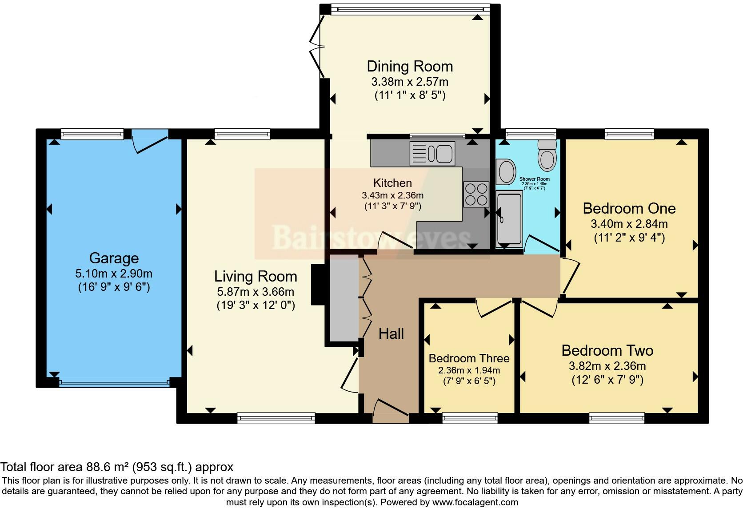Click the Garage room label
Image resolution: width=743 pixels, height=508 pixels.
pyautogui.click(x=114, y=258)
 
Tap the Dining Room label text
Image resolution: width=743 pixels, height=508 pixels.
pyautogui.click(x=410, y=67)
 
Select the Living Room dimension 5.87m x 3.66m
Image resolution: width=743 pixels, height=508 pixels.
pyautogui.click(x=256, y=292)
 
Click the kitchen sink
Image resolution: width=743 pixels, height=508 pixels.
pyautogui.click(x=432, y=154)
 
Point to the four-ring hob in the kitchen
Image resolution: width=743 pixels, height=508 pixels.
pyautogui.click(x=476, y=194)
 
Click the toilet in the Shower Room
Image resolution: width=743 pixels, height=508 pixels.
pyautogui.click(x=547, y=155)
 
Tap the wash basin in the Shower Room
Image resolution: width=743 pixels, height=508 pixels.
pyautogui.click(x=506, y=172)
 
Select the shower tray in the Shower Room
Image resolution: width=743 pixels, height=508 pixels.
pyautogui.click(x=509, y=219)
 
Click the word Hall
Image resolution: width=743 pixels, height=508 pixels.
pyautogui.click(x=391, y=333)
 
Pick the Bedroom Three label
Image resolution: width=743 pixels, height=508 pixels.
pyautogui.click(x=469, y=358)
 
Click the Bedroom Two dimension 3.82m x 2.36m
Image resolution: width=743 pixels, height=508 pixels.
pyautogui.click(x=607, y=366)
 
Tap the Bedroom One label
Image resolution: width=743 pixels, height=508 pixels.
pyautogui.click(x=629, y=208)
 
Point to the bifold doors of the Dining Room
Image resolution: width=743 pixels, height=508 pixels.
pyautogui.click(x=316, y=46)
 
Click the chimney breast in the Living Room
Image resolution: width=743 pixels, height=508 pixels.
pyautogui.click(x=318, y=284)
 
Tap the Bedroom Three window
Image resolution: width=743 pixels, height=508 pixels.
pyautogui.click(x=470, y=418)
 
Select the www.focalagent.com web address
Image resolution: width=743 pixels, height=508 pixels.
pyautogui.click(x=475, y=502)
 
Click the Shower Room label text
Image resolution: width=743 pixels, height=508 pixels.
pyautogui.click(x=534, y=179)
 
